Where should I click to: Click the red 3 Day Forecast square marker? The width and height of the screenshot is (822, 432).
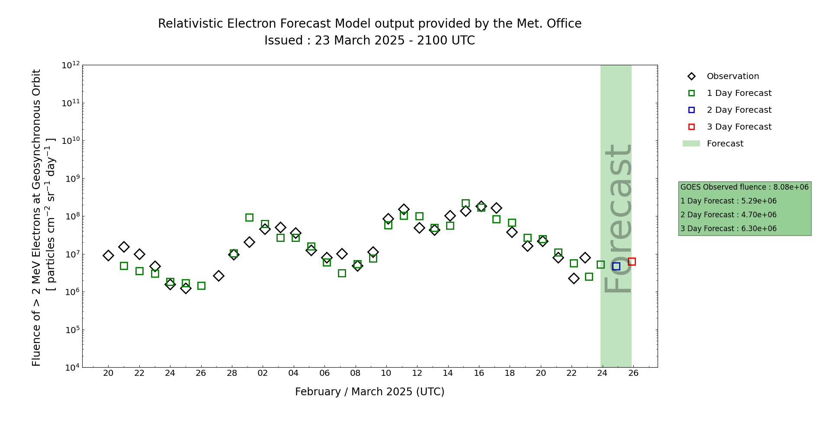point(632,261)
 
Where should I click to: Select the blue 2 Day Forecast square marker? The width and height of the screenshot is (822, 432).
point(616,266)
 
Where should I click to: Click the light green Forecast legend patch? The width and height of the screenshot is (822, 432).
point(691,143)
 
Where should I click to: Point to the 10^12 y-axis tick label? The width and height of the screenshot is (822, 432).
point(71,65)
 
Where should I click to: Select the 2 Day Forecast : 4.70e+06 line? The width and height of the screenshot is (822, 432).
point(728,215)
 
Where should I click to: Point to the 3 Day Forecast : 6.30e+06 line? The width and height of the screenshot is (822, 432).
point(728,229)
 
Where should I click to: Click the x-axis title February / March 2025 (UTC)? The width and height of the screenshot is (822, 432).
point(369,392)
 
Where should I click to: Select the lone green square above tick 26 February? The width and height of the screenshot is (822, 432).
point(201,286)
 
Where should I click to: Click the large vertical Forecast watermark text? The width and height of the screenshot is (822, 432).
point(617,218)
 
